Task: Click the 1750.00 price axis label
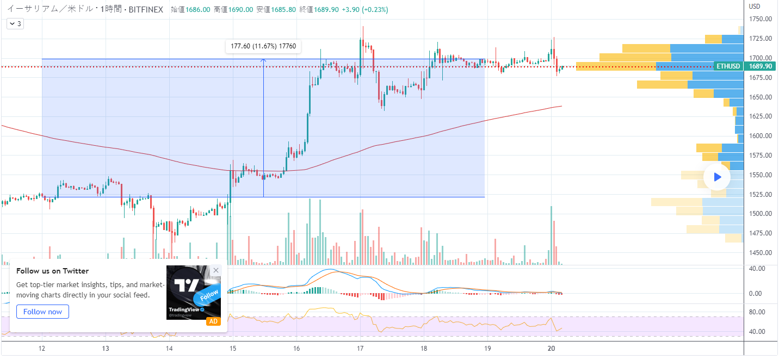coord(761,19)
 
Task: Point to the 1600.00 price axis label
coord(761,136)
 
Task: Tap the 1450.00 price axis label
coord(761,253)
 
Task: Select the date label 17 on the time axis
coord(360,349)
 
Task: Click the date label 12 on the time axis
coord(42,349)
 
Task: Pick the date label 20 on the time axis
coord(551,349)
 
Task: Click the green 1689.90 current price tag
coord(761,66)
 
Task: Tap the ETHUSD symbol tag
coord(728,66)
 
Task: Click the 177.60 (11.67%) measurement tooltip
coord(263,46)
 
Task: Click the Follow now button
coord(42,312)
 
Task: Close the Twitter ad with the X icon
coord(216,270)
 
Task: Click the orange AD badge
coord(213,321)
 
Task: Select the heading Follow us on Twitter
coord(52,271)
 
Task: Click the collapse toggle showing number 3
coord(15,24)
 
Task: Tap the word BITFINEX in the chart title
coord(146,9)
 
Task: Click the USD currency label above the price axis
coord(754,7)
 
